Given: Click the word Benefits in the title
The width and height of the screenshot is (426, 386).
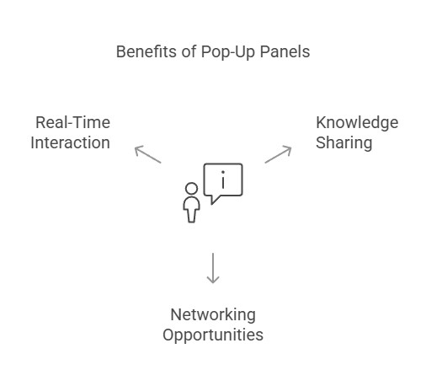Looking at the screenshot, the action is coord(146,51).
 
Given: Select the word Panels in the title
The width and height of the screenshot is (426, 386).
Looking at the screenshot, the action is coord(285,51).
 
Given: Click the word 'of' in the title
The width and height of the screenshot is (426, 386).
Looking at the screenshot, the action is coord(189,51).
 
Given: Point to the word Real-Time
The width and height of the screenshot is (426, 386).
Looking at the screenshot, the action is coord(72,122).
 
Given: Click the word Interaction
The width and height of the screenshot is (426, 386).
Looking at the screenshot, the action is coord(70,142).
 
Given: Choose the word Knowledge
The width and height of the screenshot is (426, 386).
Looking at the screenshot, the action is coord(357,123).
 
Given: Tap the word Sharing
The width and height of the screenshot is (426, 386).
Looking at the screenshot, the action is coord(344,143).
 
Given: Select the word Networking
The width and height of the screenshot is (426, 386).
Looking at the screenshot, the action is coord(213,315).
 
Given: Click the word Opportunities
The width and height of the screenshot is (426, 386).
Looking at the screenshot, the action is coord(213,335).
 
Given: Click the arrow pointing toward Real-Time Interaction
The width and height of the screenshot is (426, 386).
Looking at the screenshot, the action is coord(148,154).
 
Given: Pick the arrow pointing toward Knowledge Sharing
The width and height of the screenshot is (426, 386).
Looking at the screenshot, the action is coord(278,154).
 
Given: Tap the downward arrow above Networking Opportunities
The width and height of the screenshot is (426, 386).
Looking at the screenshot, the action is coord(213,268).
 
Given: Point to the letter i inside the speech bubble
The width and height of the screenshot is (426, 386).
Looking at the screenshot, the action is coord(223,180).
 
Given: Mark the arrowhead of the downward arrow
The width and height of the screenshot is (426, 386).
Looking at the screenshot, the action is coord(213,281).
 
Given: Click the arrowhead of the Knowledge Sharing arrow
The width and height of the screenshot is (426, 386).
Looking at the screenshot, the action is coord(289,148).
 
